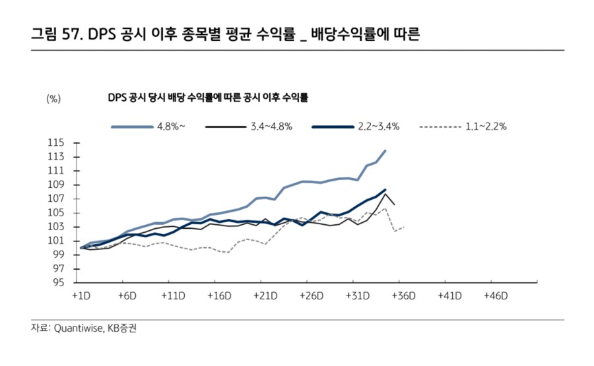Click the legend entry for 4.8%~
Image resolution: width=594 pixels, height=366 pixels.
pyautogui.click(x=148, y=126)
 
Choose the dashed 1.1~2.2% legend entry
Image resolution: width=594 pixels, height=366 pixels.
pyautogui.click(x=463, y=126)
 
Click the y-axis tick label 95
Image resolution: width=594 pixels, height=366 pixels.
pyautogui.click(x=57, y=282)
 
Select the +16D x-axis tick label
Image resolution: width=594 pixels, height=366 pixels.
pyautogui.click(x=218, y=295)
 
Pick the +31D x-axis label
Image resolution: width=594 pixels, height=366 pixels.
pyautogui.click(x=356, y=295)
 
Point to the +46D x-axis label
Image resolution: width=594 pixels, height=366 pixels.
pyautogui.click(x=495, y=295)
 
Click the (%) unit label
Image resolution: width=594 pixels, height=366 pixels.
pyautogui.click(x=53, y=98)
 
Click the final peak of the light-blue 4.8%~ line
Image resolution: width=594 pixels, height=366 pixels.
pyautogui.click(x=385, y=150)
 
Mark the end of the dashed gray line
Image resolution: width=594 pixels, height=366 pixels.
pyautogui.click(x=403, y=227)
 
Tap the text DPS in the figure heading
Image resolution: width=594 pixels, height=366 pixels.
pyautogui.click(x=101, y=34)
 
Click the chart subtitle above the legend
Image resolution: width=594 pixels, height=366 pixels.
pyautogui.click(x=208, y=98)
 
